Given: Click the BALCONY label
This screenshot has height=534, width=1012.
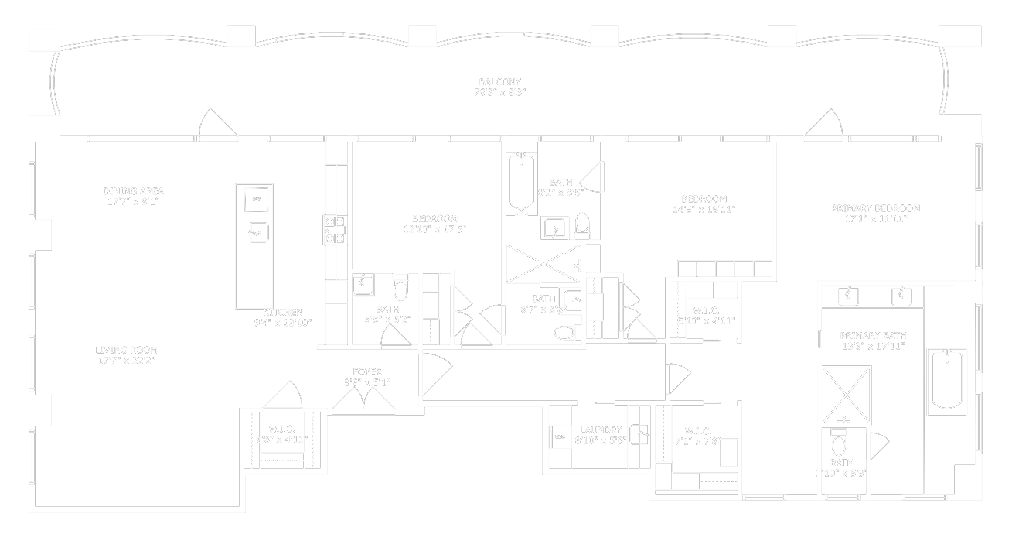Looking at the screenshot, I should point(499,81).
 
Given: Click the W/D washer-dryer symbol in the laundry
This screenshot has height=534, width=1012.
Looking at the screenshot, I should point(560,437).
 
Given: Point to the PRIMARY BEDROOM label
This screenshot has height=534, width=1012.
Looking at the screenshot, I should point(875,208).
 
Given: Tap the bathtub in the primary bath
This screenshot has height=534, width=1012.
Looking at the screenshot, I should point(948,381).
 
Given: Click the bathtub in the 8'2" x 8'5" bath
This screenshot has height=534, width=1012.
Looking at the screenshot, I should point(522,183).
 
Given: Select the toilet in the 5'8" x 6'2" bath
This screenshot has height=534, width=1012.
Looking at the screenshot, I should point(400,289).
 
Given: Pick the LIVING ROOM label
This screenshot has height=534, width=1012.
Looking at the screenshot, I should point(127,350).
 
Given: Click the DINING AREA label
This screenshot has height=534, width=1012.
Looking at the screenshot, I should point(133,191).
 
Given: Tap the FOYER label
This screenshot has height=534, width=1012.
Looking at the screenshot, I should point(367,372).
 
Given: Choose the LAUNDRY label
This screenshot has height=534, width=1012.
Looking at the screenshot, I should point(601,430).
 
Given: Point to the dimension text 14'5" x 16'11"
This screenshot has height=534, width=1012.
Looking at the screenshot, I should point(704,209).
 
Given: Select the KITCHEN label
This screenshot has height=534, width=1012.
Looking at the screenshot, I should point(283,313).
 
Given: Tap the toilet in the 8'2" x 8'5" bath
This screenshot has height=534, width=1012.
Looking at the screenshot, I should point(582,224).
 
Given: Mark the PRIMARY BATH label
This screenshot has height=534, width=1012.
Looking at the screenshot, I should point(873,336).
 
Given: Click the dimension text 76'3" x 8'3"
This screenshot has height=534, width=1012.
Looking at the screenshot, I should point(499,92).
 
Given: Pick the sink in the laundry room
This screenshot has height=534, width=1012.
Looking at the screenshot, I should point(639,434).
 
